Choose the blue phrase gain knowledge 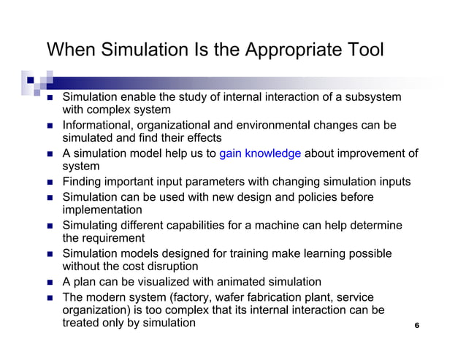click(x=260, y=153)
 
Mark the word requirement click(x=115, y=238)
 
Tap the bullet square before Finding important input click(x=50, y=183)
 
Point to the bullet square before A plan click(x=50, y=282)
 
